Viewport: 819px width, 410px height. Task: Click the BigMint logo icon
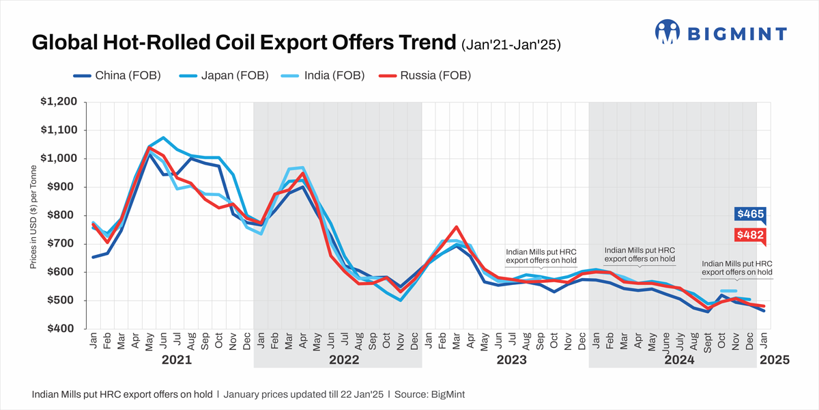pyautogui.click(x=669, y=31)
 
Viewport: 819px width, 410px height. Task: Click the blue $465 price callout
pyautogui.click(x=750, y=215)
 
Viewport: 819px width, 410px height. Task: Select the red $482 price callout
pyautogui.click(x=750, y=235)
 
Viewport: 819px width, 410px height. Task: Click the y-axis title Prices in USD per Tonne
pyautogui.click(x=33, y=215)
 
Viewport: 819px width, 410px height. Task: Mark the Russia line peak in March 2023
pyautogui.click(x=457, y=227)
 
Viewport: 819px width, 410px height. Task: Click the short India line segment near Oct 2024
pyautogui.click(x=728, y=291)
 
